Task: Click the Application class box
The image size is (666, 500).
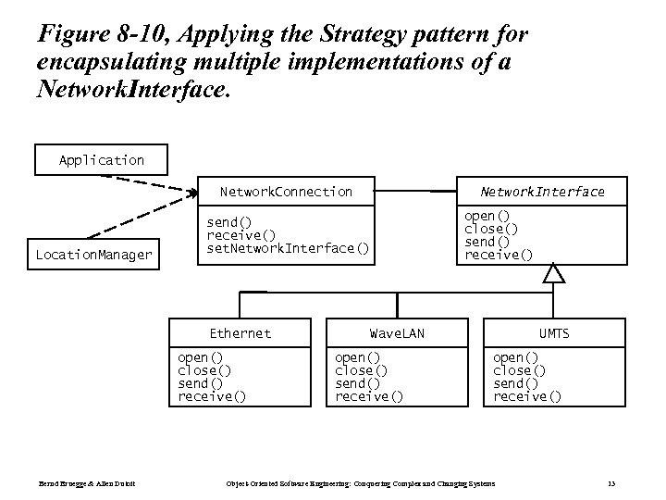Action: [x=102, y=160]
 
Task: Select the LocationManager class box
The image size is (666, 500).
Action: [x=93, y=254]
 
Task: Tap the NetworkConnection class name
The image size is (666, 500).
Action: [x=286, y=192]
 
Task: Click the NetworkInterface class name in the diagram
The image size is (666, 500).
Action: [x=542, y=192]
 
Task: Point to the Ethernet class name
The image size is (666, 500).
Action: [x=240, y=333]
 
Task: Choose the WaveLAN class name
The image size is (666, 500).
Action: [x=397, y=333]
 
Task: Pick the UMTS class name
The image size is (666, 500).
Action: [x=554, y=333]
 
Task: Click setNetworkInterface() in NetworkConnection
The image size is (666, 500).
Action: [x=288, y=248]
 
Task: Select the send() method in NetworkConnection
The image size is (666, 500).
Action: [x=228, y=222]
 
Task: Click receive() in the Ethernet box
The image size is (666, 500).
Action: [x=212, y=396]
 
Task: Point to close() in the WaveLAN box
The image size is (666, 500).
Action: [x=361, y=370]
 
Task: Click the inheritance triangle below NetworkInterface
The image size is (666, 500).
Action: [x=553, y=273]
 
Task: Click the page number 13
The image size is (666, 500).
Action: [x=611, y=484]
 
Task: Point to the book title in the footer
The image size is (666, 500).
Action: [x=361, y=484]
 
